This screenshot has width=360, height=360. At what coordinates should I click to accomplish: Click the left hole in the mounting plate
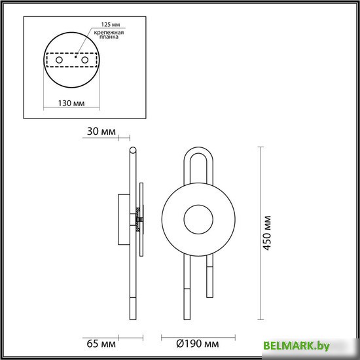tap(60, 60)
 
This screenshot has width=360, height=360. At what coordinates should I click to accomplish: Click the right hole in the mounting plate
tap(84, 60)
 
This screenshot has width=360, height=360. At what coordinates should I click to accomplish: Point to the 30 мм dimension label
tap(101, 132)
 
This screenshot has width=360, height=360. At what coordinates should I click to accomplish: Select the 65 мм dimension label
tap(100, 342)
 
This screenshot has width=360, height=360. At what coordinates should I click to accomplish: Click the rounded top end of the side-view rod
tap(134, 153)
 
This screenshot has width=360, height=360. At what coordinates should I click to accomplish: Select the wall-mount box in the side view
tap(123, 219)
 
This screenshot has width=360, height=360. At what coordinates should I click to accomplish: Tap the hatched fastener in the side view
tap(138, 220)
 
